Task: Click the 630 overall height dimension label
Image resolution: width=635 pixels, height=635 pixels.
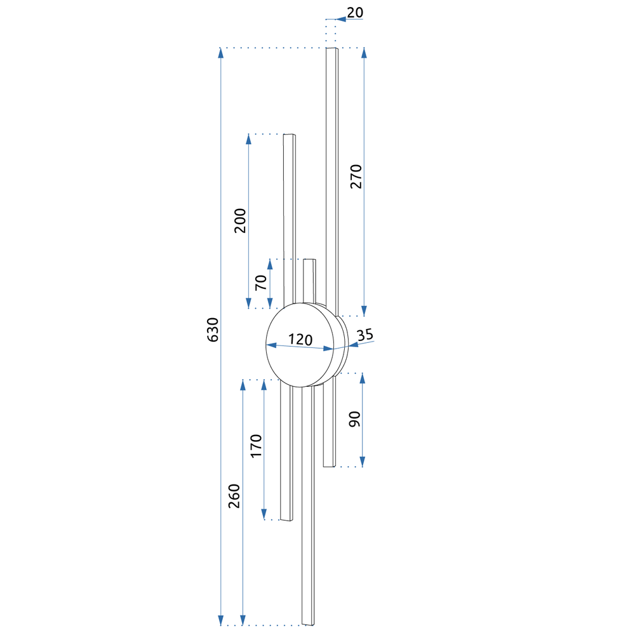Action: tap(213, 330)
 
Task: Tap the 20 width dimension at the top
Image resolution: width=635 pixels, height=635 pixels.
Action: tap(355, 13)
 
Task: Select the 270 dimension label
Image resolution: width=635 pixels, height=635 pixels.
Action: tap(356, 176)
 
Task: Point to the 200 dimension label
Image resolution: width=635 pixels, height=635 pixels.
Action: tap(240, 220)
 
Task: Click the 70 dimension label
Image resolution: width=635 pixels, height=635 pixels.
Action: tap(261, 283)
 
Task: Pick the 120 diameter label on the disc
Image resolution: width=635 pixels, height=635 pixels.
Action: tap(300, 339)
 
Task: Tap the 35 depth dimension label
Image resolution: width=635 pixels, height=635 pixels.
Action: tap(365, 335)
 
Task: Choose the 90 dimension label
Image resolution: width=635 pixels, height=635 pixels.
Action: tap(354, 418)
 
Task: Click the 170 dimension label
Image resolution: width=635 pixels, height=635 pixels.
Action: tap(256, 446)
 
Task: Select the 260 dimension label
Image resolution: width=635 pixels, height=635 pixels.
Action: tap(234, 496)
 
